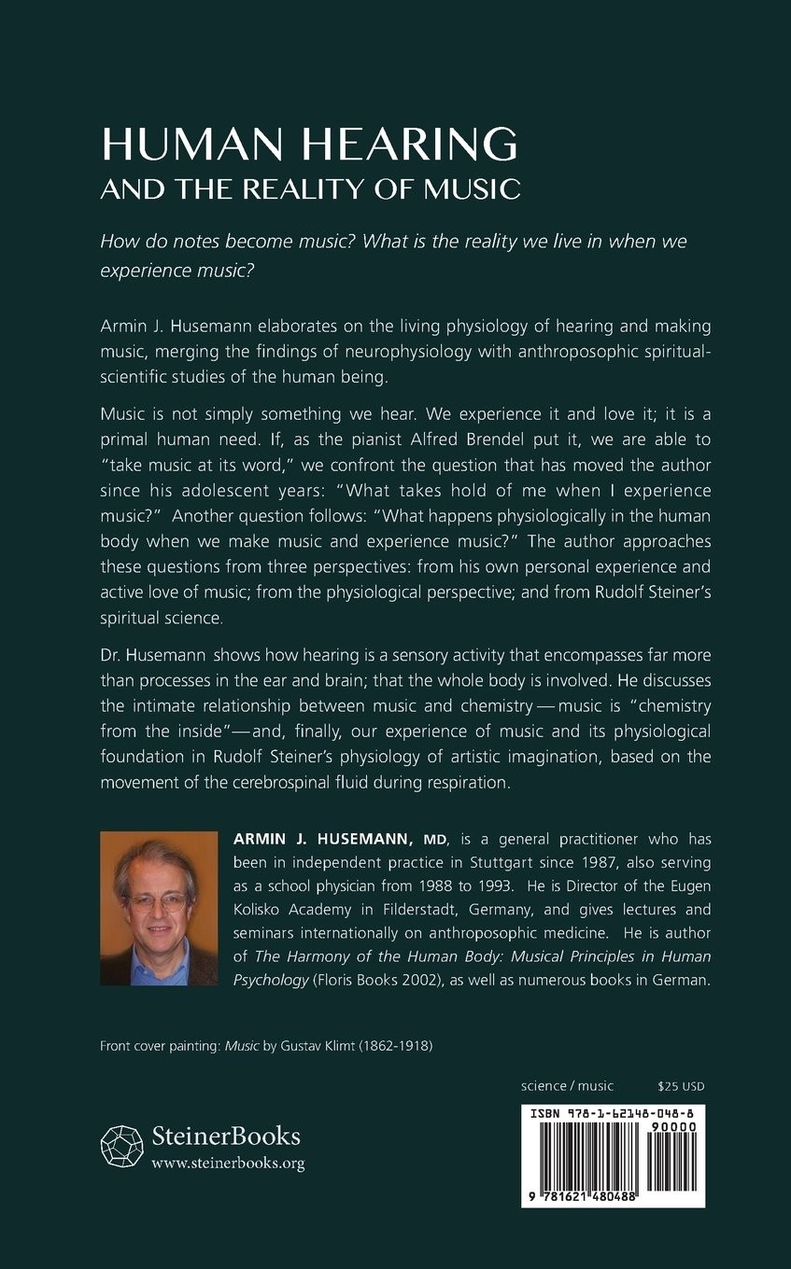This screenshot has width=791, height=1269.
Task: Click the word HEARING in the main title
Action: (x=411, y=145)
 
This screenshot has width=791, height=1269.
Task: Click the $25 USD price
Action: (x=681, y=1085)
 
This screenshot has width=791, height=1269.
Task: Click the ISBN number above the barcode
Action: (x=612, y=1113)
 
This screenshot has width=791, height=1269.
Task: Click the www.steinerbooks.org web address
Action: (x=227, y=1163)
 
